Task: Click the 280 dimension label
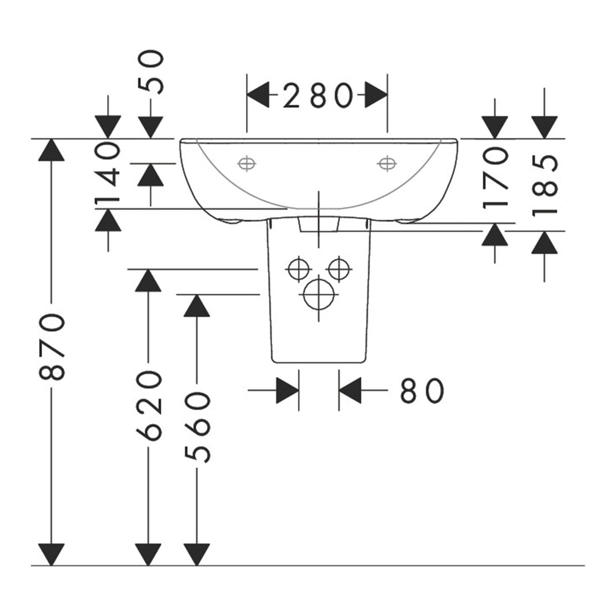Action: coord(318,95)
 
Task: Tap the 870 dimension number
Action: coord(52,347)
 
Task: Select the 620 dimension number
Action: coord(149,406)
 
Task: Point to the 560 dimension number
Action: coord(197,428)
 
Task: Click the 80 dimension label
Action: coord(422,391)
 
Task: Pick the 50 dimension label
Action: coord(151,73)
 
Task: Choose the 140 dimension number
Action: coord(107,174)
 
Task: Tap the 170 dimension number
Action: coord(495,178)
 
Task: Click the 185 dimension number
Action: coord(545,185)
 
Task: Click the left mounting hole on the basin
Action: coord(246,164)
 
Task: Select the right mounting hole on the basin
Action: coord(387,164)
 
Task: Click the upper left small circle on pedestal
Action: coord(298,269)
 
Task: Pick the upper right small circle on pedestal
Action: coord(339,269)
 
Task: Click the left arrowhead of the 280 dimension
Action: coord(258,95)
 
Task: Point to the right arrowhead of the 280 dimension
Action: coord(376,95)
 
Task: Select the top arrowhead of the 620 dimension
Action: coord(148,281)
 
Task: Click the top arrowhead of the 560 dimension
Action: coord(197,305)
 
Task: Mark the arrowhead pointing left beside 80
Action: coord(350,390)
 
